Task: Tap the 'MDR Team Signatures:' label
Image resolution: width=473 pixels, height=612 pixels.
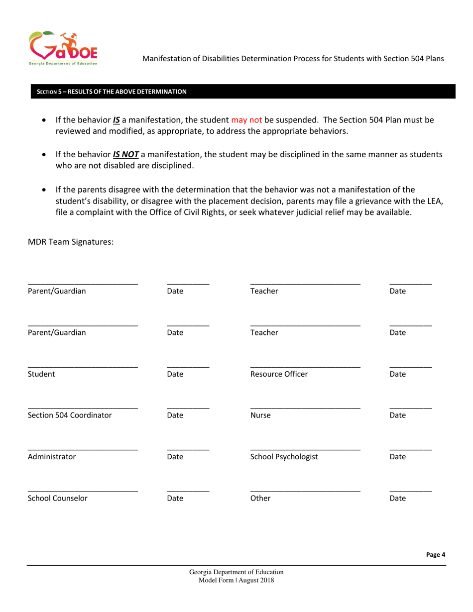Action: (71, 242)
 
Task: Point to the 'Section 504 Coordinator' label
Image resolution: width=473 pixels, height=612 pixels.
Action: (70, 414)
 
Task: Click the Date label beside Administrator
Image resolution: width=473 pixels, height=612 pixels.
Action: (176, 456)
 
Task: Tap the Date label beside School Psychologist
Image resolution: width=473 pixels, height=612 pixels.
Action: (399, 456)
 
